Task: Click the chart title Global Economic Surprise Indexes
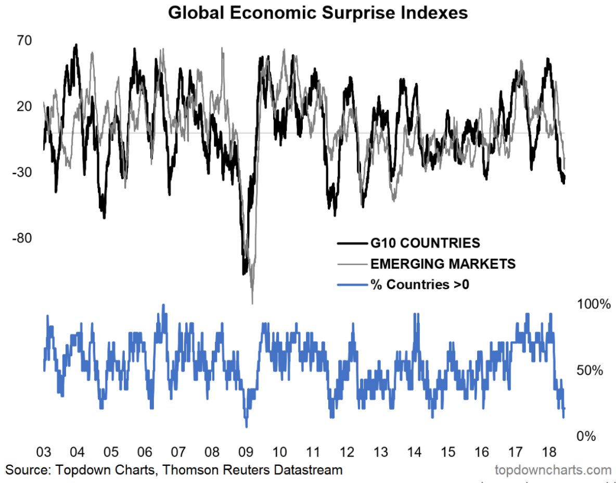318,14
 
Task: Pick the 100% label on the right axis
593,304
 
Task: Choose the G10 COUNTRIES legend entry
425,243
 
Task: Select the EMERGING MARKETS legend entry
443,264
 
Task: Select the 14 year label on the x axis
414,451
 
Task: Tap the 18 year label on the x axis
549,451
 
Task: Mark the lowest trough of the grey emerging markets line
252,302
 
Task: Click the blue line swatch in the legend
351,285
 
